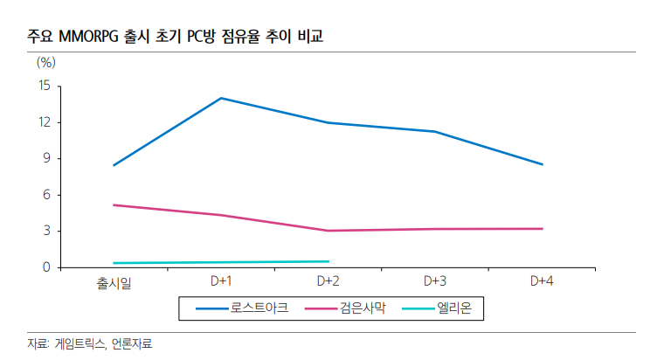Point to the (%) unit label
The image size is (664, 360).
pyautogui.click(x=46, y=62)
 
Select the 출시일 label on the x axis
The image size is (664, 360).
pyautogui.click(x=114, y=282)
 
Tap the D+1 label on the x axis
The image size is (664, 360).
pyautogui.click(x=221, y=281)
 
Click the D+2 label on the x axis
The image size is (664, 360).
pyautogui.click(x=329, y=281)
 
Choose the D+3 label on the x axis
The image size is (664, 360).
pyautogui.click(x=435, y=281)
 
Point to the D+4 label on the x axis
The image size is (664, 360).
pyautogui.click(x=543, y=281)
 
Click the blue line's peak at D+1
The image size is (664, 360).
pyautogui.click(x=221, y=98)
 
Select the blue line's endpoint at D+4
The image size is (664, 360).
pyautogui.click(x=543, y=164)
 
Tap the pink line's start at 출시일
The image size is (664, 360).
pyautogui.click(x=114, y=204)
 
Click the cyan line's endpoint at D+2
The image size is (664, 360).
pyautogui.click(x=329, y=261)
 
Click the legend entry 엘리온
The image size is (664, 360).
pyautogui.click(x=459, y=308)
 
